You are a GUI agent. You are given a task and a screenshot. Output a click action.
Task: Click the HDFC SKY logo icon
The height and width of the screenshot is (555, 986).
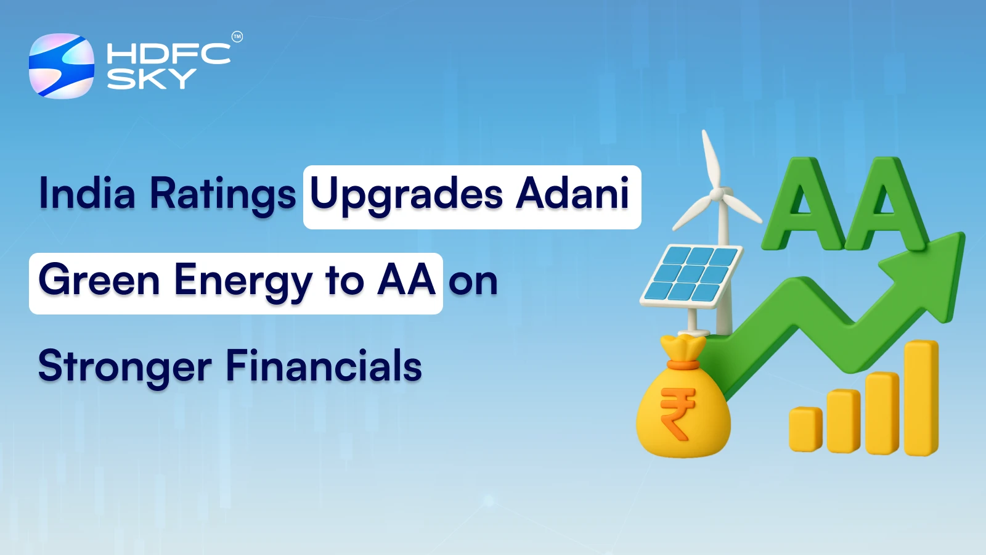62,66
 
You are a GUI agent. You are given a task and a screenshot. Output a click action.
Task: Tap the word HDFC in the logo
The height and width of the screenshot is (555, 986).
168,54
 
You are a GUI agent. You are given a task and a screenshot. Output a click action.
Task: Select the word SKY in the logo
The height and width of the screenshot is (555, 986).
151,79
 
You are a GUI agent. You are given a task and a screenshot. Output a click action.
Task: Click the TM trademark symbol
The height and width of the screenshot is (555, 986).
237,37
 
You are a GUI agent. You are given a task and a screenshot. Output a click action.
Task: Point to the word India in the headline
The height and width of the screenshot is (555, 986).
87,194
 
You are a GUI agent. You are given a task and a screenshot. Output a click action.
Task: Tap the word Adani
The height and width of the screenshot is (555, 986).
572,194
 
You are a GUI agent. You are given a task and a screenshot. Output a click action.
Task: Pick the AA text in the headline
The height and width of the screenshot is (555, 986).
407,281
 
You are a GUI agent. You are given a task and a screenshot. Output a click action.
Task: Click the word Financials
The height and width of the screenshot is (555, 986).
324,366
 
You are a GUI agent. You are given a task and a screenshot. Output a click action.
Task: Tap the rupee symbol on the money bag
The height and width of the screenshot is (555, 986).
677,413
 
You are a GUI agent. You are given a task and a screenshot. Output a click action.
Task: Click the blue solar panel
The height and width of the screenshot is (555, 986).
691,273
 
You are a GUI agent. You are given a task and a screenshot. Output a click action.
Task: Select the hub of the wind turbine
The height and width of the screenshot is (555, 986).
717,194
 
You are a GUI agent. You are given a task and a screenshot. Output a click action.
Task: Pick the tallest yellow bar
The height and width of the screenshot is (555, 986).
921,398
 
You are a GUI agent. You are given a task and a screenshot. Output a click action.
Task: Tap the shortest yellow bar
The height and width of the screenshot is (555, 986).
805,429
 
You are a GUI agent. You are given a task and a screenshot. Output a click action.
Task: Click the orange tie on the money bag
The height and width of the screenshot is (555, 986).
683,365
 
